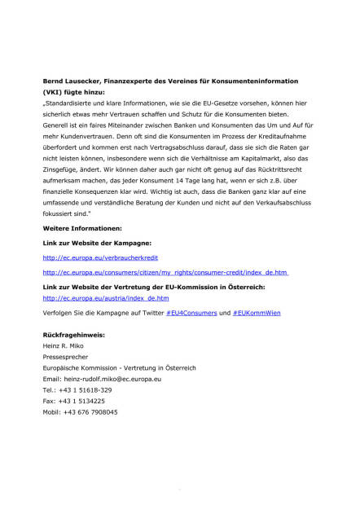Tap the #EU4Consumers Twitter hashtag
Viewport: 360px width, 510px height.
[191, 313]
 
